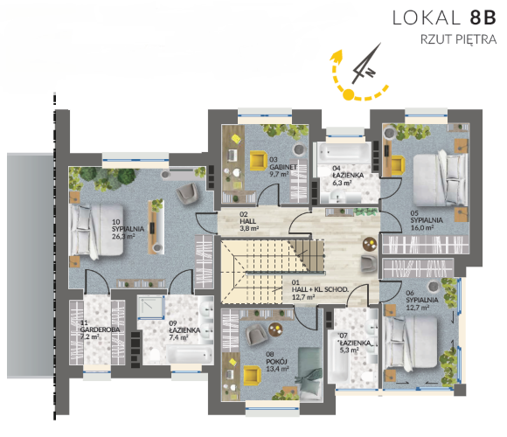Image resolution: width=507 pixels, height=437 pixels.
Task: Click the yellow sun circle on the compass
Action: click(x=349, y=94)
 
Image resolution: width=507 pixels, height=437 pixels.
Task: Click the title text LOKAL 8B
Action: click(x=444, y=17)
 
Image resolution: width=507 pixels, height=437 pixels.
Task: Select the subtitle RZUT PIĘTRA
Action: click(x=458, y=39)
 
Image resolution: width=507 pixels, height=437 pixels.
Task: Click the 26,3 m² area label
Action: click(x=123, y=236)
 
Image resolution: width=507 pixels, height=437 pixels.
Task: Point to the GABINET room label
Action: click(x=283, y=167)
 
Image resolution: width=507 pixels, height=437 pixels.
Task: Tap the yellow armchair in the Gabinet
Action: click(x=259, y=160)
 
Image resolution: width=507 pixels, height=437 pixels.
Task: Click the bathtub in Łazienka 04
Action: click(x=344, y=151)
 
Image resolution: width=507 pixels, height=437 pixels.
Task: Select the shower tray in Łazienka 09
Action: click(x=150, y=307)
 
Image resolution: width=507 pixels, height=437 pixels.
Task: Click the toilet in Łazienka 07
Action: click(x=368, y=377)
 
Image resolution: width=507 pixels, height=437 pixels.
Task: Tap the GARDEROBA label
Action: click(x=100, y=329)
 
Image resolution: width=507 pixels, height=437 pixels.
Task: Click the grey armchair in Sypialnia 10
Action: click(x=187, y=194)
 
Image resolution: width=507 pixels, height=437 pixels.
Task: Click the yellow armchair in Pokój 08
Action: click(x=253, y=376)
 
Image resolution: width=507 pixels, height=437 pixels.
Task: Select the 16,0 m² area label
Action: click(x=422, y=227)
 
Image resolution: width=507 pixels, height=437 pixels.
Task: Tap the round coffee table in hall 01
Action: click(x=370, y=244)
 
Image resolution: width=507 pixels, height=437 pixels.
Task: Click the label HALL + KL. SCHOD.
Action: click(x=320, y=289)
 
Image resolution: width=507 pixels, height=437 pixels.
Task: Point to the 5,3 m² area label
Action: click(x=350, y=350)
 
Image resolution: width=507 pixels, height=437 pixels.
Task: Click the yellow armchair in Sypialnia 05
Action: click(x=398, y=165)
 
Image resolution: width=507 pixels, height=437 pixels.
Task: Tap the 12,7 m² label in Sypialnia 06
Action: click(x=418, y=308)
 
